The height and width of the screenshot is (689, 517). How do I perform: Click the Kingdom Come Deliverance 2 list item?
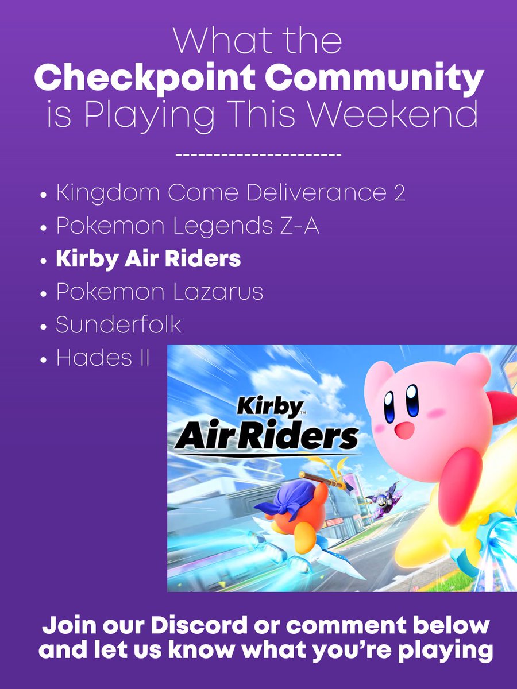[x=230, y=193]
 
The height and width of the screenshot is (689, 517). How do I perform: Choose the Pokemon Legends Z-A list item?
[x=187, y=226]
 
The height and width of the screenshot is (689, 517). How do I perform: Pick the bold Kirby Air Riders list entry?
[x=148, y=259]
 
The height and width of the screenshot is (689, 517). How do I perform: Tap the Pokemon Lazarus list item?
[x=159, y=292]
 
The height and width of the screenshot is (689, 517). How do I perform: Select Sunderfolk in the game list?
[x=118, y=325]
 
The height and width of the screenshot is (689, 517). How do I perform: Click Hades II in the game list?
[x=102, y=358]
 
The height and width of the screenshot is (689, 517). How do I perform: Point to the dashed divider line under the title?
[x=258, y=156]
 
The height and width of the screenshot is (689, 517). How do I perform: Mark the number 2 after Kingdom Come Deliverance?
[x=399, y=193]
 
